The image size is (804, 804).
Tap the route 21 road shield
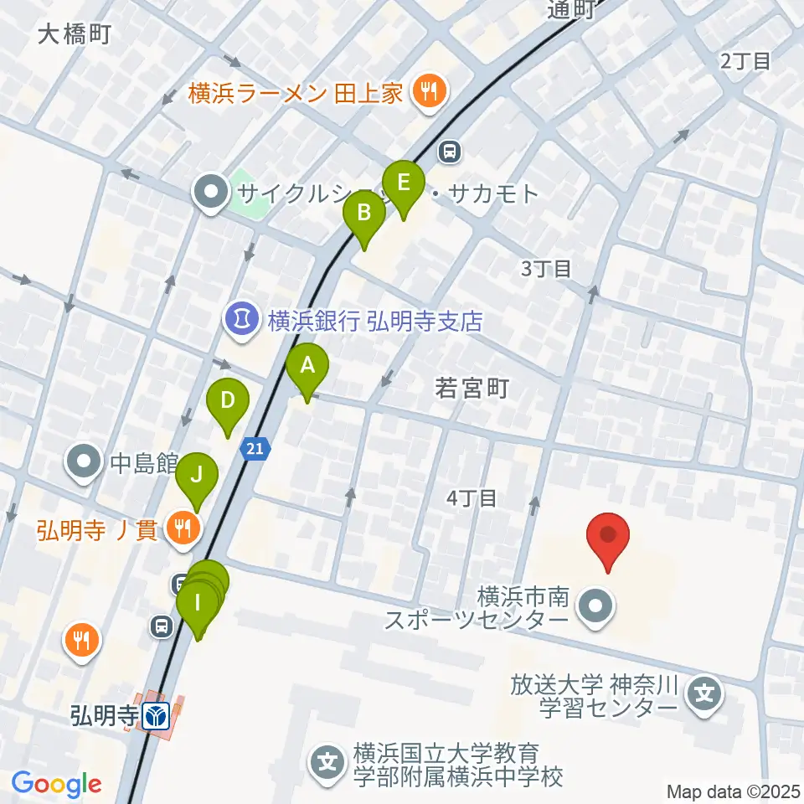pyautogui.click(x=255, y=450)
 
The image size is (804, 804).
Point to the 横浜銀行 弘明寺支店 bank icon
pyautogui.click(x=242, y=319)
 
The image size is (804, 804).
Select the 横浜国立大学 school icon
pyautogui.click(x=327, y=762)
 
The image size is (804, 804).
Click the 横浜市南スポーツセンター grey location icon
pyautogui.click(x=597, y=609)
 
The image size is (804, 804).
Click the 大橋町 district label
pyautogui.click(x=75, y=33)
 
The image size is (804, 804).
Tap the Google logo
pyautogui.click(x=57, y=785)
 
